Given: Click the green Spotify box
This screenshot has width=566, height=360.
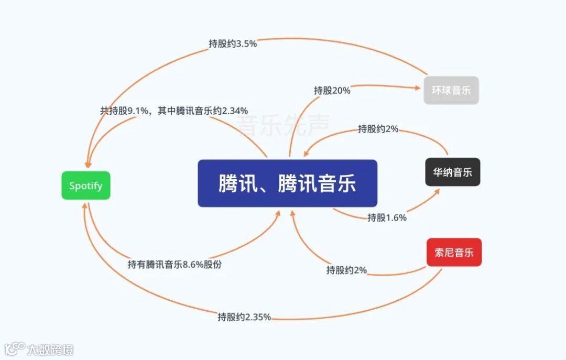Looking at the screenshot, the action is click(86, 186).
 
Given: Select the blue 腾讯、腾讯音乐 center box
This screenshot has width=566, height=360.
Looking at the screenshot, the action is click(287, 183).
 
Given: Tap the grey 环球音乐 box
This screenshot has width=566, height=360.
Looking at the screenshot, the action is click(451, 90).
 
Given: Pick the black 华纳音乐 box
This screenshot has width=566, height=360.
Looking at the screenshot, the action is click(452, 172).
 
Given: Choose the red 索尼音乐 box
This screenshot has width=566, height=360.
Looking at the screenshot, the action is click(454, 253).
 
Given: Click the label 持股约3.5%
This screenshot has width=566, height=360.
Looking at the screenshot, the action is click(233, 44).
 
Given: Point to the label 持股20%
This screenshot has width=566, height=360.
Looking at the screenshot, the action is click(332, 91).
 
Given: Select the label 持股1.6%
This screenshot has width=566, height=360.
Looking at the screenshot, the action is click(387, 217).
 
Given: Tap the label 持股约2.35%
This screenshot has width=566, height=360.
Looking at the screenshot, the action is click(244, 317).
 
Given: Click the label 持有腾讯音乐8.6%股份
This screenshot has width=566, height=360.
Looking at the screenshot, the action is click(175, 265).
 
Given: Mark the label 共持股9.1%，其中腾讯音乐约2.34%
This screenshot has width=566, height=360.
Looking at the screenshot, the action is click(174, 111).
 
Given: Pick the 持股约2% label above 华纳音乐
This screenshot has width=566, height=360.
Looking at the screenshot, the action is click(378, 129).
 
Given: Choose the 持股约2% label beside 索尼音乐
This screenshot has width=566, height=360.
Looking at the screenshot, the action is click(346, 270).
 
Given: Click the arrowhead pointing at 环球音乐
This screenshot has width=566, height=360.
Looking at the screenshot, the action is click(419, 87).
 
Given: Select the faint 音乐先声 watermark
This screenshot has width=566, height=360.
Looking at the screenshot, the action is click(282, 126).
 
